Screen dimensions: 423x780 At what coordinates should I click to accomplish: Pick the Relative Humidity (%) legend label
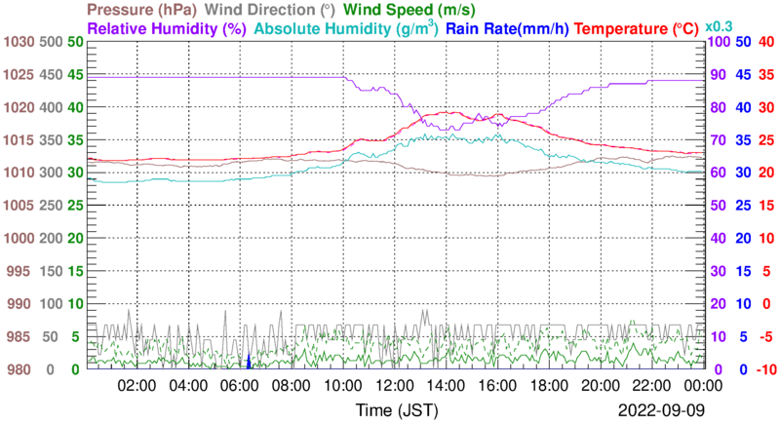(x=165, y=28)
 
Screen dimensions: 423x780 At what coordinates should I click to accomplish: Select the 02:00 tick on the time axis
(x=137, y=385)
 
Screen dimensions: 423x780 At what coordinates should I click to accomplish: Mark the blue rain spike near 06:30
(x=250, y=362)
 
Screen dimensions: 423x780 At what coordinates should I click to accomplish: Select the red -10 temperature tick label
(x=767, y=369)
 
